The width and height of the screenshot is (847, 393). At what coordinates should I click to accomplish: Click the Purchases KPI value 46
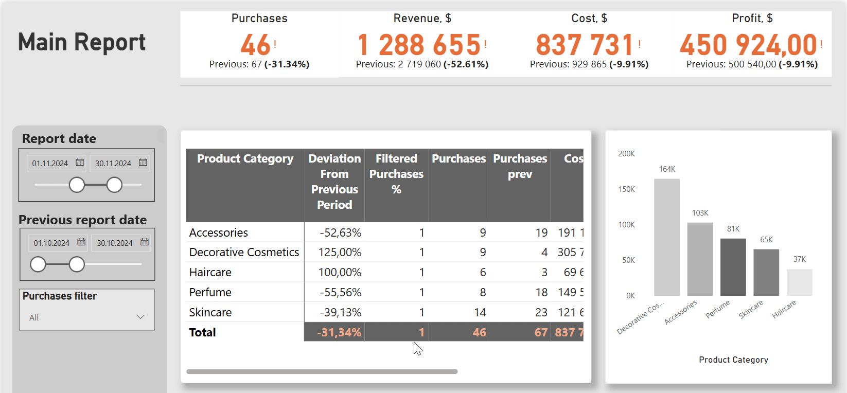[255, 45]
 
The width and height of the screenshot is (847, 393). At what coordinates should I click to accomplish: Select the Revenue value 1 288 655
[419, 45]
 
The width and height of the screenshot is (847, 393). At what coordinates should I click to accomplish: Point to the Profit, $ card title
[752, 19]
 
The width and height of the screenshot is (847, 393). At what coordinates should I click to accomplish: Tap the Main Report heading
[82, 42]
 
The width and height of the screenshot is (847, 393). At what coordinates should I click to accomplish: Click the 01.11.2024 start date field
[50, 163]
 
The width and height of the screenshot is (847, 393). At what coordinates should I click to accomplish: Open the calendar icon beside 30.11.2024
[143, 163]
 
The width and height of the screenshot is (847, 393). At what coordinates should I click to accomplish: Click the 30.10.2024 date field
[115, 243]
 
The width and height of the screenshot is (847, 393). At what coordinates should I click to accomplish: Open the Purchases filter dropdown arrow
[140, 317]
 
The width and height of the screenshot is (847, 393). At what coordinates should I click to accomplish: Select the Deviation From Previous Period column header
[334, 181]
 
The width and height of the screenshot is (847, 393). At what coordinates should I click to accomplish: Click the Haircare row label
[210, 272]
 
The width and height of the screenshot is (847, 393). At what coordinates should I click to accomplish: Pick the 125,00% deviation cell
[340, 252]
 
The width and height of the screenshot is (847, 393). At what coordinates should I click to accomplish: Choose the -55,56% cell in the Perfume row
[340, 292]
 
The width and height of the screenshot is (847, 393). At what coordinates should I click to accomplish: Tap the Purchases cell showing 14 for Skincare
[480, 312]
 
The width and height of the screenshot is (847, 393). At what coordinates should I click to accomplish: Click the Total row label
[203, 332]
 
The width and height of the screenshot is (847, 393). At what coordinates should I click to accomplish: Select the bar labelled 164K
[667, 237]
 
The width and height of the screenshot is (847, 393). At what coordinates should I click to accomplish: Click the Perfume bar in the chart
[733, 267]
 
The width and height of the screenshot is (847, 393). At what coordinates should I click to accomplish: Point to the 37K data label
[799, 259]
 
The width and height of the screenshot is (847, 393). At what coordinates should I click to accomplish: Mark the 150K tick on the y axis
[626, 189]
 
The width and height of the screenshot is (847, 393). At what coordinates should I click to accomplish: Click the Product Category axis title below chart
[733, 360]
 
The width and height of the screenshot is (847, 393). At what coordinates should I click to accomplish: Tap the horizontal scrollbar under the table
[322, 371]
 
